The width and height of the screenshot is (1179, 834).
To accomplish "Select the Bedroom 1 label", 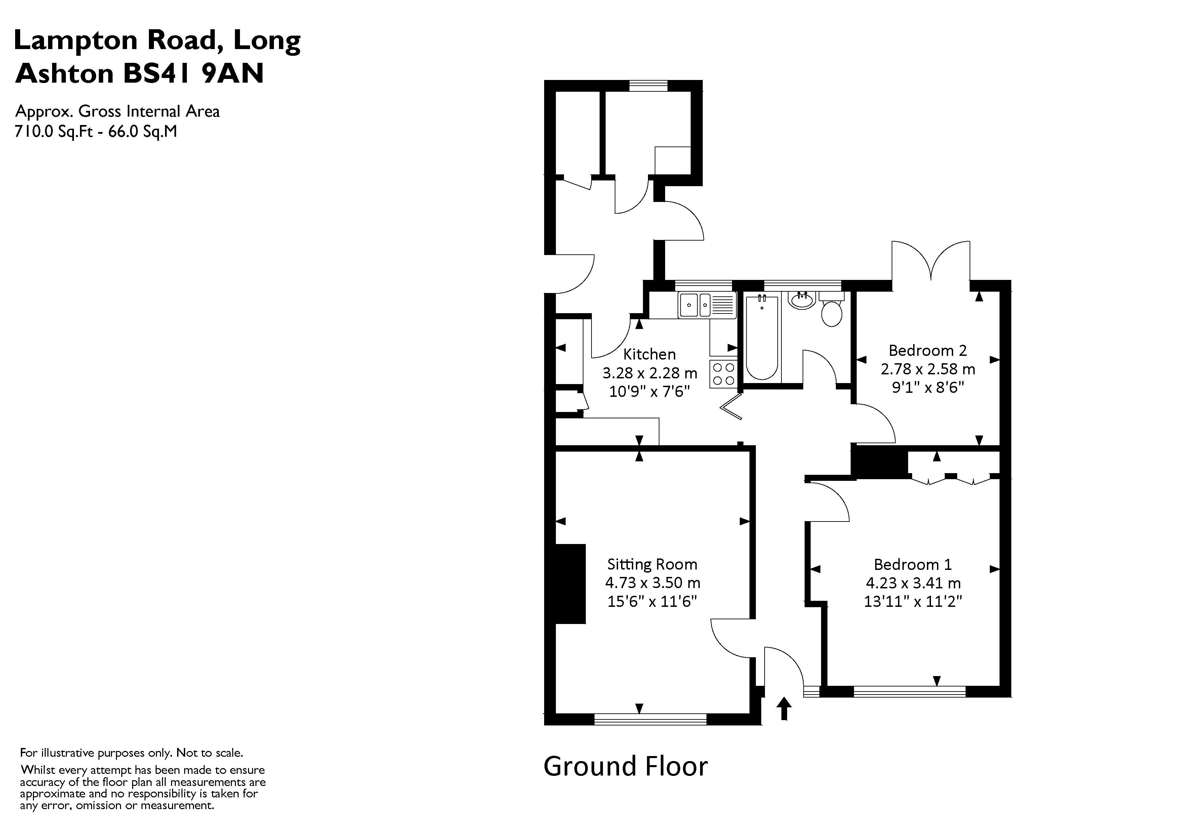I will (x=912, y=565).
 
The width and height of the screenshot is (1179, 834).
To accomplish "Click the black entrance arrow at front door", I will (x=784, y=708).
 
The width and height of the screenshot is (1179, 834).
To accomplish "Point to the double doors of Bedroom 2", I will (x=931, y=262).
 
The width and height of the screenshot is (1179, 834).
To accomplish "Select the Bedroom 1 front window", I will (x=909, y=691).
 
